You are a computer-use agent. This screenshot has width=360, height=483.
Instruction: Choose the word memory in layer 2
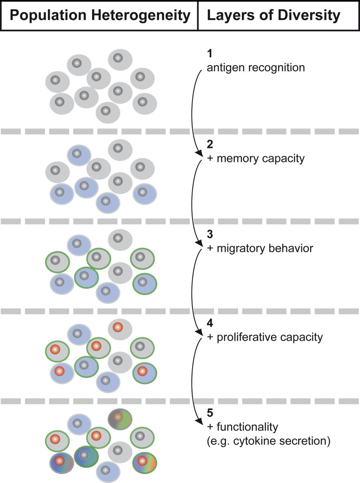click(x=237, y=159)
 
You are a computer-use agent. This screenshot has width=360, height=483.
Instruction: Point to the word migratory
click(x=237, y=248)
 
